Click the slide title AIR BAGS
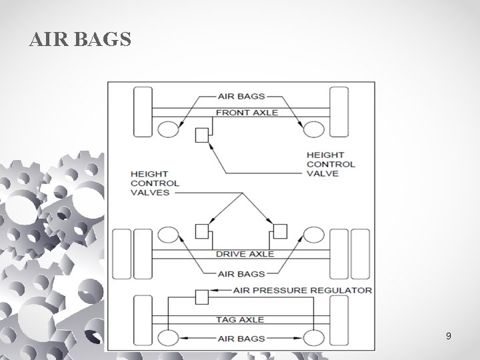(x=81, y=41)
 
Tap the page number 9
(x=449, y=336)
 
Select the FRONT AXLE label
(x=247, y=113)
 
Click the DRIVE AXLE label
(x=245, y=254)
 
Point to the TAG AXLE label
(x=240, y=319)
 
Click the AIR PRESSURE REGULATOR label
(x=302, y=291)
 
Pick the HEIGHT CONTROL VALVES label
(x=155, y=183)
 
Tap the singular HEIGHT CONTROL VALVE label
(x=331, y=164)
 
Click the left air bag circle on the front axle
(x=168, y=129)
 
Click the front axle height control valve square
(x=202, y=135)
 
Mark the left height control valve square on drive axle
(x=202, y=231)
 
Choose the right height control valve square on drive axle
(x=279, y=231)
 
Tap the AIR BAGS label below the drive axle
(x=241, y=273)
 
